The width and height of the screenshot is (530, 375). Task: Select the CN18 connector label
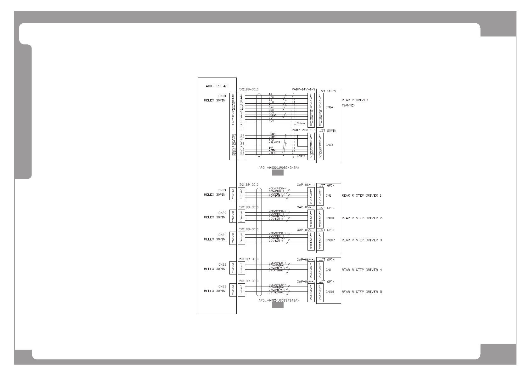[x=222, y=96]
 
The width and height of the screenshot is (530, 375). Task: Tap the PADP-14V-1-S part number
[x=303, y=89]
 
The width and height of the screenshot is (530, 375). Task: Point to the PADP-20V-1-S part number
[x=303, y=130]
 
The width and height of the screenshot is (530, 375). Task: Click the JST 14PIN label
[x=327, y=91]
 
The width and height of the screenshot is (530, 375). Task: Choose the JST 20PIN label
[x=327, y=130]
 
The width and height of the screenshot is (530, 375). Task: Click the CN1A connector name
[x=329, y=107]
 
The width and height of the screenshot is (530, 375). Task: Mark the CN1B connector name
[x=329, y=145]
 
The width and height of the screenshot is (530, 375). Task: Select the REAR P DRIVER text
[x=355, y=100]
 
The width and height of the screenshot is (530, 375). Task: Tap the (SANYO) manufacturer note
[x=348, y=105]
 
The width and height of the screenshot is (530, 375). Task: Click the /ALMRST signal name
[x=274, y=142]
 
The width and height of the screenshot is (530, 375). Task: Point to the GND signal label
[x=271, y=110]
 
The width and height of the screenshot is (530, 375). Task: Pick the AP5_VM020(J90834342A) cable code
[x=278, y=168]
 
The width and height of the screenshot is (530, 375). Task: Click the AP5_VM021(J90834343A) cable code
[x=278, y=300]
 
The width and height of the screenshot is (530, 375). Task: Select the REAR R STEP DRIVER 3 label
[x=362, y=240]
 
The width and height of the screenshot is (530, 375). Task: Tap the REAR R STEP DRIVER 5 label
[x=362, y=292]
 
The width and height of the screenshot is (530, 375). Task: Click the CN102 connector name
[x=330, y=240]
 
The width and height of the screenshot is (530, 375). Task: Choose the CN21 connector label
[x=222, y=235]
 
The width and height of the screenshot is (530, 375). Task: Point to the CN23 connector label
[x=222, y=286]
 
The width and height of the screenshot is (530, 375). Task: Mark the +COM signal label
[x=272, y=134]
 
